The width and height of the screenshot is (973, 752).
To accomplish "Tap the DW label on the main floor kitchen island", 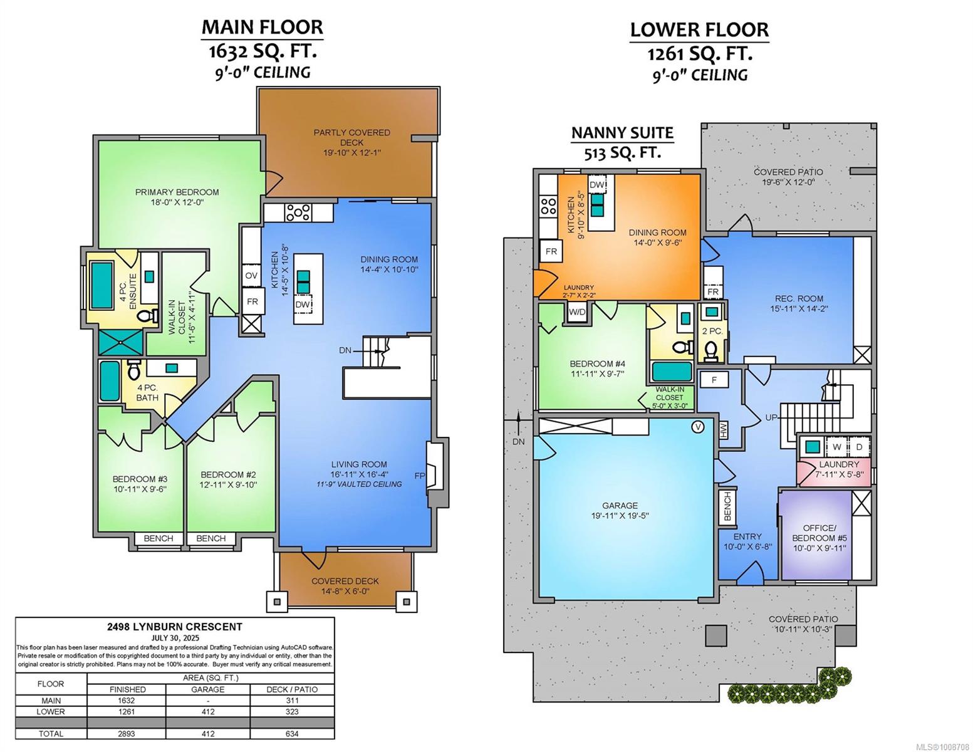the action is [x=303, y=305].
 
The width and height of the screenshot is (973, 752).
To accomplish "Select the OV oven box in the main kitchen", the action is [x=251, y=276].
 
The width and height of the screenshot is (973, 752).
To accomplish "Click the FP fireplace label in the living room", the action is [x=420, y=476].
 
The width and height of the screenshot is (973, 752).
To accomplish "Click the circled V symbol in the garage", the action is [x=697, y=427].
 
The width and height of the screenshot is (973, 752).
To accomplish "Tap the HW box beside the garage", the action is [x=723, y=430].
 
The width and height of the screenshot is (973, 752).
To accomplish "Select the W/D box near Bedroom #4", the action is [x=577, y=312].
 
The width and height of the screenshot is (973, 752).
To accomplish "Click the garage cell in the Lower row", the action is [x=208, y=711].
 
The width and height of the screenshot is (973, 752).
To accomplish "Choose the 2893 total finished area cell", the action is [x=127, y=734].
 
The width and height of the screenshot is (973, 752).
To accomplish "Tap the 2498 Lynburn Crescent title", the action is [x=175, y=627].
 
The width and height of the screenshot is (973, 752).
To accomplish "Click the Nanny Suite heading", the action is [x=622, y=133].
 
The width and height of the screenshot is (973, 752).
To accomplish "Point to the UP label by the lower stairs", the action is [x=771, y=417].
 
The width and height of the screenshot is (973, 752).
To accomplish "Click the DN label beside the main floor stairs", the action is [x=345, y=350].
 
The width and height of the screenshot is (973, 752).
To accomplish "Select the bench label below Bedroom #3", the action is [x=159, y=538].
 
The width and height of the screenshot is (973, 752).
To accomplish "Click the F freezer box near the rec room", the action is [x=714, y=380].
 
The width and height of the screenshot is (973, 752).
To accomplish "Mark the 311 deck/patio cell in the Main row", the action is [x=292, y=701].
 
